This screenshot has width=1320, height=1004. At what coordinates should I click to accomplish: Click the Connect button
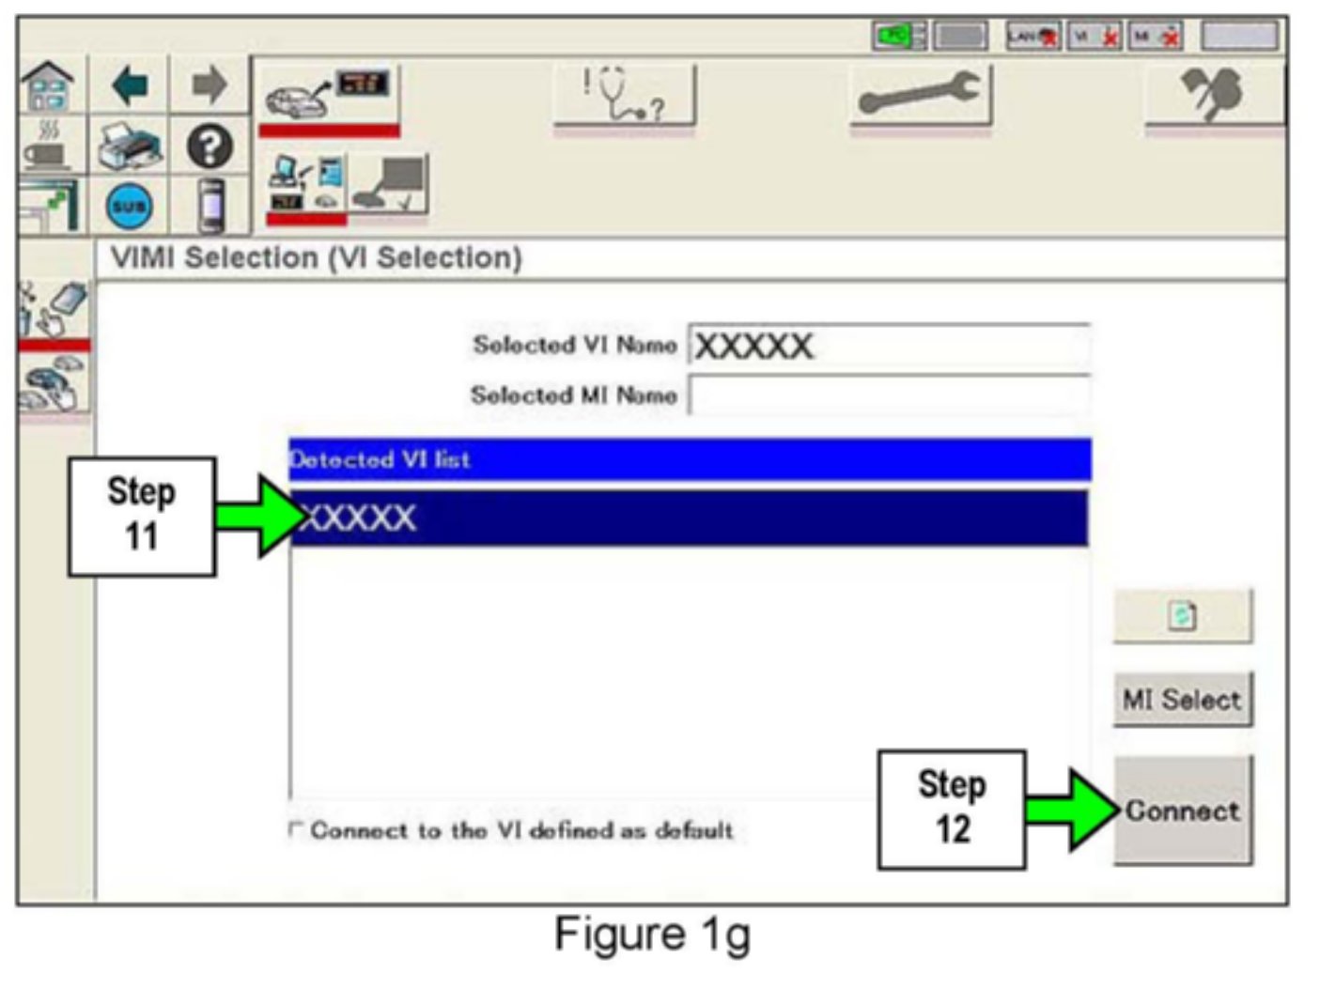1183,811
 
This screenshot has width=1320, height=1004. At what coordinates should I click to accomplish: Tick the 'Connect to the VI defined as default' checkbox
296,829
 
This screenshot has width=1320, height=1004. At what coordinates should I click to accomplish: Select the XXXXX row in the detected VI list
689,517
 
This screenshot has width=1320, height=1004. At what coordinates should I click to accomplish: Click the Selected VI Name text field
889,346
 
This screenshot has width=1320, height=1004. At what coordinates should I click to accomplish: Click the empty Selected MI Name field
889,395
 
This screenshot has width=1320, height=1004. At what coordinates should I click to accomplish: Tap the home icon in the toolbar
48,86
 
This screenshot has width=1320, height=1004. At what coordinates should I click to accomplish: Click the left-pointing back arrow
130,86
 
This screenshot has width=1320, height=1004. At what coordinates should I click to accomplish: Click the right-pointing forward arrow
210,86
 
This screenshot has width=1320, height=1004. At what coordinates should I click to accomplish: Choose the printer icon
130,147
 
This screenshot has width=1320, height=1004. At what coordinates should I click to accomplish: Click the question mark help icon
210,147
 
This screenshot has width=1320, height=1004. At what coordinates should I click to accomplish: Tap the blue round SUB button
130,206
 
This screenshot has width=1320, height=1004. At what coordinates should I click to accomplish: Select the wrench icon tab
921,95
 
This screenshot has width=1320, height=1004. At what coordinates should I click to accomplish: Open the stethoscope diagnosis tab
625,95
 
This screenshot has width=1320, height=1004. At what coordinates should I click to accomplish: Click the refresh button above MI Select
1183,616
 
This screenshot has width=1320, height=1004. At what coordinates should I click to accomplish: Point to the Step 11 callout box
142,516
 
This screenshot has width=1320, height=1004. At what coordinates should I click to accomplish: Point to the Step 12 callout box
952,809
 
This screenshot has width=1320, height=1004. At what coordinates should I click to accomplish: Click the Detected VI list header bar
689,459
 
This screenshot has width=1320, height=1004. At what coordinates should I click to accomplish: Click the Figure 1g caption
652,934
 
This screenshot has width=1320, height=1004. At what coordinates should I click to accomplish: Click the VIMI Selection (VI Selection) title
317,257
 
